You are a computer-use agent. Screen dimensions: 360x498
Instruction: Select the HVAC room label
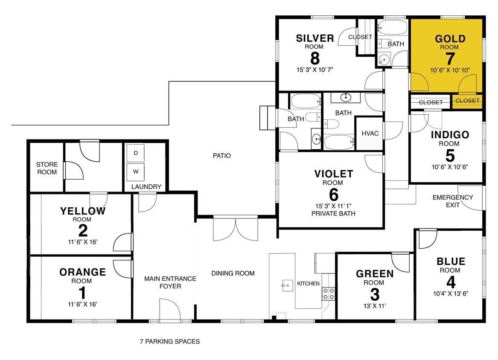click(x=370, y=134)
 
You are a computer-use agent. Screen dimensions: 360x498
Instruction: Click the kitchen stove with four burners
click(x=329, y=293)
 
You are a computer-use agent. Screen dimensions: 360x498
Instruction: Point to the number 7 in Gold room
click(x=450, y=58)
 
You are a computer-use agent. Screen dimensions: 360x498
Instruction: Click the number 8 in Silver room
click(x=315, y=58)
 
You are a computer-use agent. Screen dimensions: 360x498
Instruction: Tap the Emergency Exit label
click(x=452, y=201)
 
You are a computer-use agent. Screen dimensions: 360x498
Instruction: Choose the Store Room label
click(x=47, y=168)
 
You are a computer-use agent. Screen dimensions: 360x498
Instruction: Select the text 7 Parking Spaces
click(x=169, y=341)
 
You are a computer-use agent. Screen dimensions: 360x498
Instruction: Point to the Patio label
click(x=222, y=156)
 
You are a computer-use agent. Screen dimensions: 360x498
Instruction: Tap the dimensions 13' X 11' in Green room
click(x=374, y=305)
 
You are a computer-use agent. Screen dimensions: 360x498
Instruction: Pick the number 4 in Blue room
click(x=450, y=282)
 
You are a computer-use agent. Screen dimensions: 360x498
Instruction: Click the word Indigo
click(x=450, y=135)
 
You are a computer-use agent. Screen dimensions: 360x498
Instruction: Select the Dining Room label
click(x=233, y=273)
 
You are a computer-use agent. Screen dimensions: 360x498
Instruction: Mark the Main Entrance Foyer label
click(x=170, y=282)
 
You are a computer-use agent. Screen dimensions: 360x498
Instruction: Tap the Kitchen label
click(x=308, y=283)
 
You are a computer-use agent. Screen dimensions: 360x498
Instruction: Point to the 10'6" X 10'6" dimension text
click(x=450, y=166)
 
